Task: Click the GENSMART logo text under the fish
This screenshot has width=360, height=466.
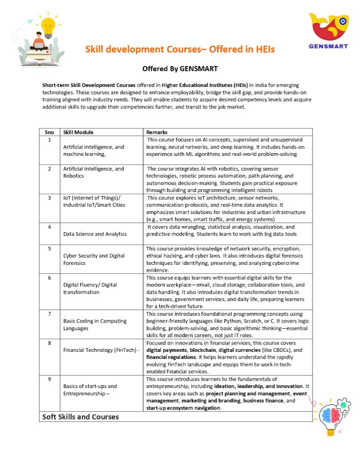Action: point(328,46)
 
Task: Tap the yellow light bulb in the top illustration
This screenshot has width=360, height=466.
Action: point(50,25)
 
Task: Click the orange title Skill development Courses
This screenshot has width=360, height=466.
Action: point(180,50)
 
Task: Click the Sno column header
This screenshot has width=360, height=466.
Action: point(49,132)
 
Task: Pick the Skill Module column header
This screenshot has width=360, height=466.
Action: point(77,132)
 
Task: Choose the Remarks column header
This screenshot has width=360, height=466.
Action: point(157,132)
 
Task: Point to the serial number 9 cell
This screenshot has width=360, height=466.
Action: point(50,380)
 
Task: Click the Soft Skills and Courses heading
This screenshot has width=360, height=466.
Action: point(80,417)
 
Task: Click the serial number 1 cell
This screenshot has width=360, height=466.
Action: point(50,139)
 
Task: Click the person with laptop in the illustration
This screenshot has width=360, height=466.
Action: point(39,42)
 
